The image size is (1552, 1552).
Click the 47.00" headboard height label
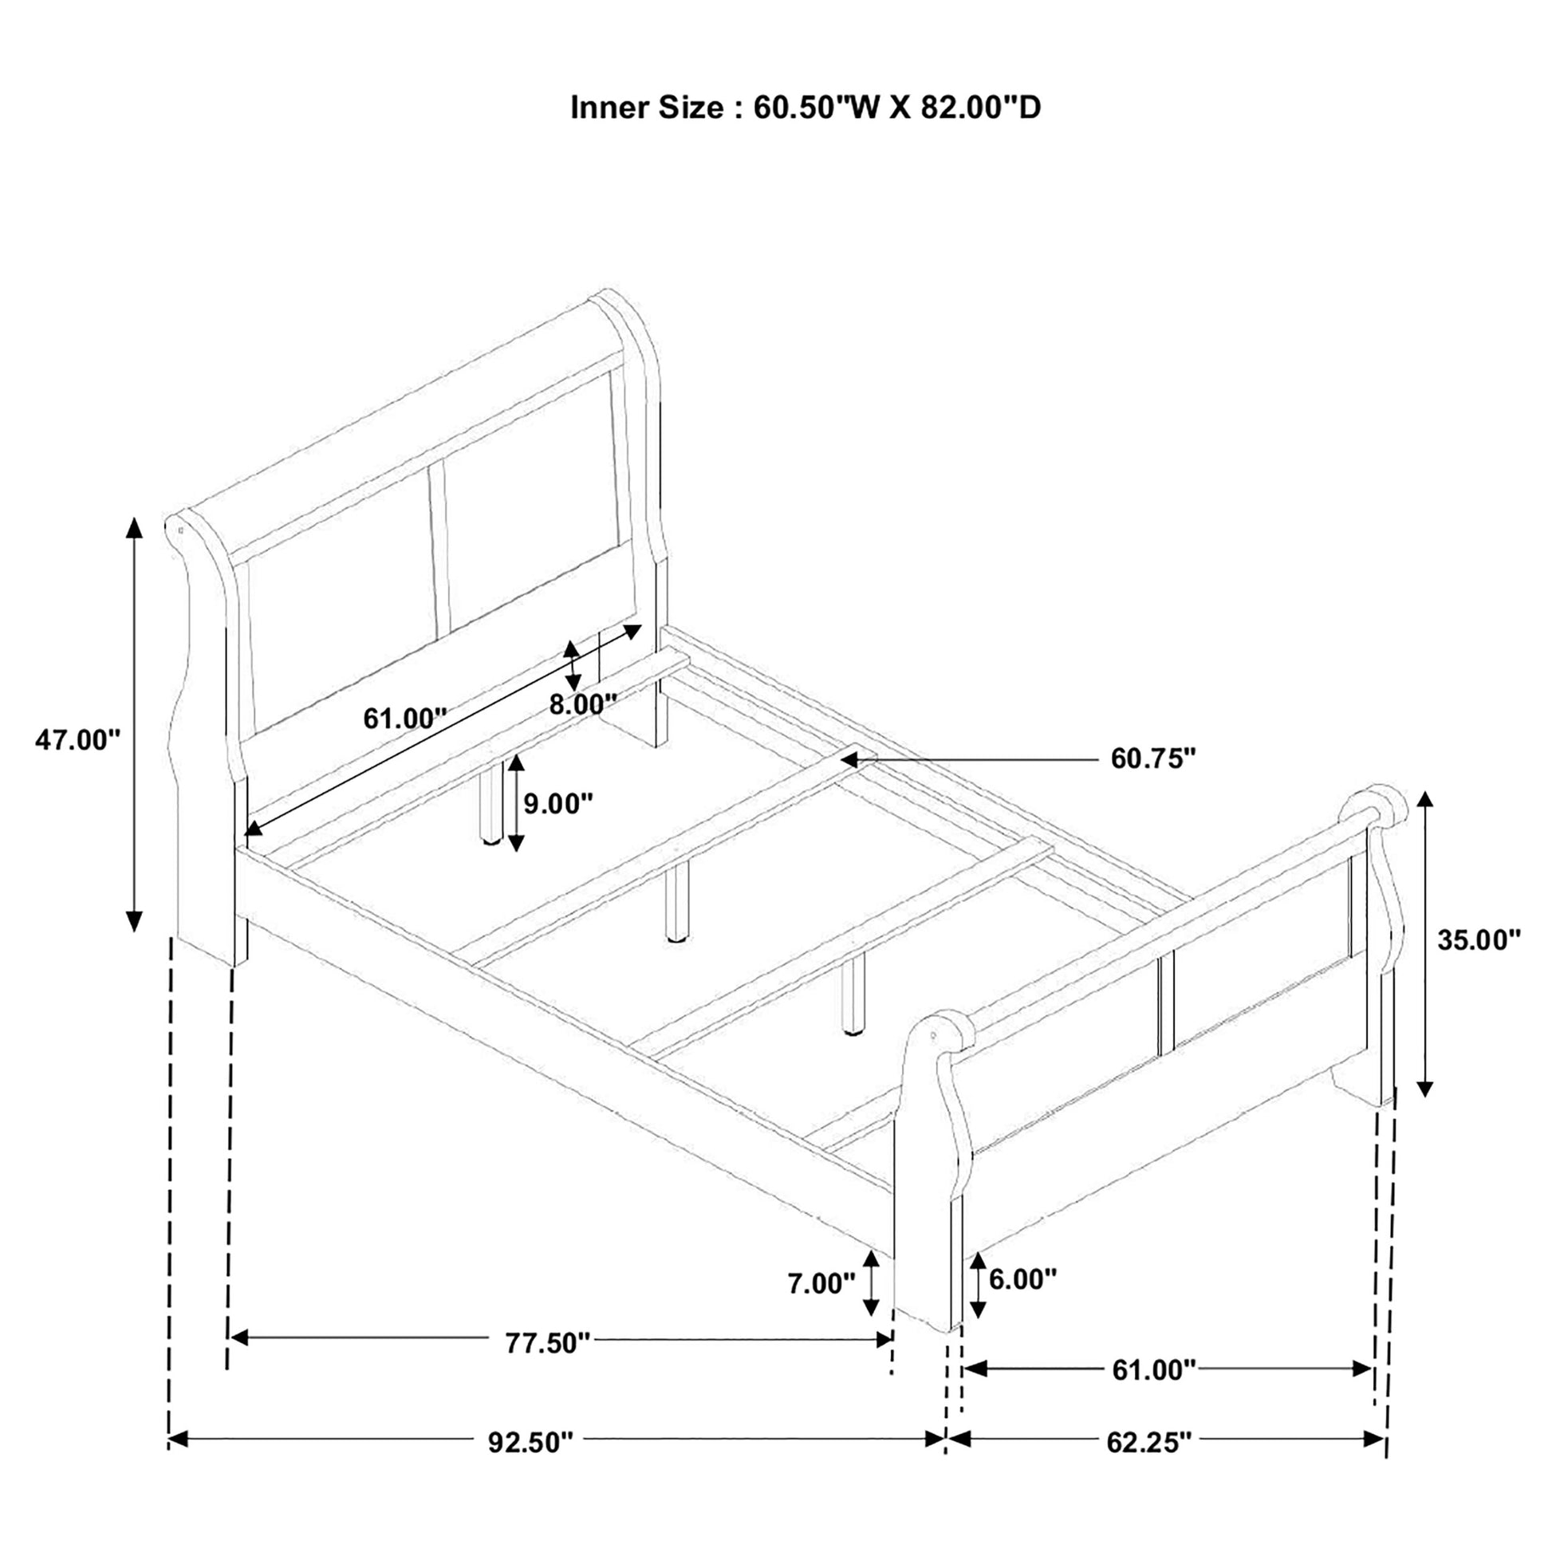(x=77, y=741)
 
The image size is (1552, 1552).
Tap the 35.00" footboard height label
(x=1479, y=939)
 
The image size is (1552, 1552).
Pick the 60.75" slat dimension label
(x=1153, y=758)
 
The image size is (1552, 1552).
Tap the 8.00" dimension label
(x=582, y=704)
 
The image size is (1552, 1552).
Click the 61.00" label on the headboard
(x=405, y=717)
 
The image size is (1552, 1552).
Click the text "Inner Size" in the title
(x=647, y=107)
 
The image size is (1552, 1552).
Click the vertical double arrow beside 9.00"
(x=515, y=803)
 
